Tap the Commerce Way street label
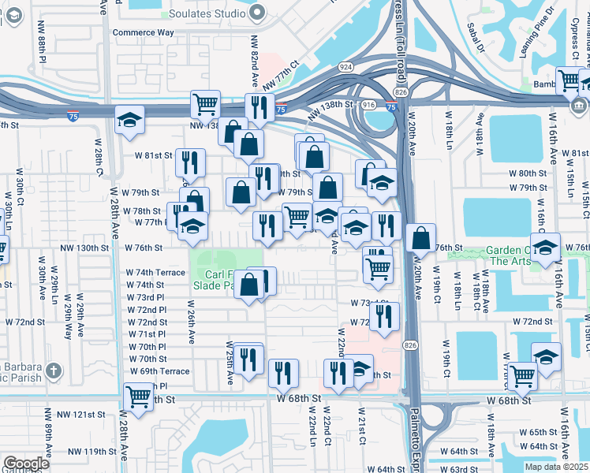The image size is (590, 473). point(142,32)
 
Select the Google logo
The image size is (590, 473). point(26,464)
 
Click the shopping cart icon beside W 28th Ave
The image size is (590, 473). point(139,397)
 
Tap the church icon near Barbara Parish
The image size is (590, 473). point(54,371)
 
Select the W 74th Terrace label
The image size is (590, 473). point(155,272)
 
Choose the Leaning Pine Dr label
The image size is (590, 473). point(536,50)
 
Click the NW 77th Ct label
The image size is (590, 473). point(282,76)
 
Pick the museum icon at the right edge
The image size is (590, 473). point(580,106)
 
